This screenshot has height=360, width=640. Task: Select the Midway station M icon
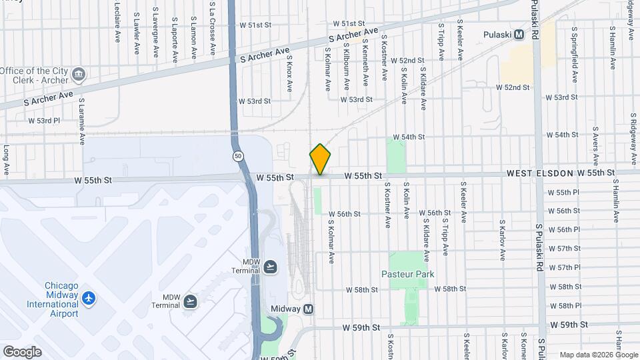[x=308, y=309]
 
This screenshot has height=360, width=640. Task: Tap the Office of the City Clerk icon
[x=79, y=73]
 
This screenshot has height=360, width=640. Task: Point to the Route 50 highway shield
[x=237, y=155]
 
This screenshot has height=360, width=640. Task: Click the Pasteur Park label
[x=407, y=274]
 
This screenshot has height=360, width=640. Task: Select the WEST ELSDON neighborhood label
[x=540, y=173]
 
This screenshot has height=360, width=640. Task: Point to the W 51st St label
[x=255, y=25]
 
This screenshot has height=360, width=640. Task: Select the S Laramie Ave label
[x=82, y=121]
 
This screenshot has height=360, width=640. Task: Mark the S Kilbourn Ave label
[x=347, y=69]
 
